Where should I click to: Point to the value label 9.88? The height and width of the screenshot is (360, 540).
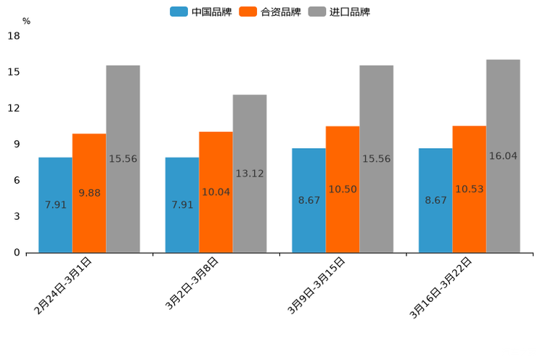tap(89, 192)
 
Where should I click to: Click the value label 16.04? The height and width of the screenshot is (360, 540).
tap(503, 156)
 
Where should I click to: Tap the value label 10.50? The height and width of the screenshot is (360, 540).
tap(343, 189)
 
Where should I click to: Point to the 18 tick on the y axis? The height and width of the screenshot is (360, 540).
tap(13, 36)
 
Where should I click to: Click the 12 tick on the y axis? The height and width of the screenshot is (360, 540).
tap(13, 108)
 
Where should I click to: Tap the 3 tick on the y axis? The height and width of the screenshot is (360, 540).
tap(16, 216)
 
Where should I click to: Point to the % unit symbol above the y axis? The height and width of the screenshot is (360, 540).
tap(26, 21)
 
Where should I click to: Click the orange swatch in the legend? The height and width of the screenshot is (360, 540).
tap(248, 12)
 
